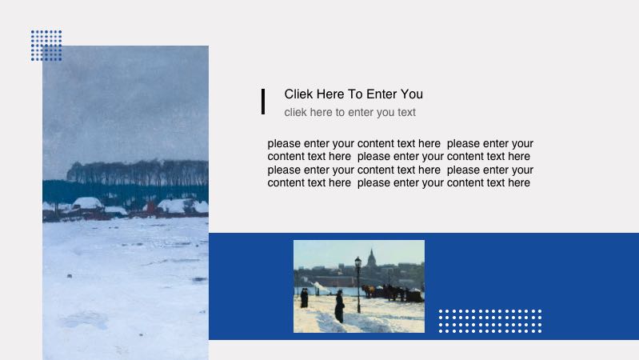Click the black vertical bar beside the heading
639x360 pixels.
coord(263,102)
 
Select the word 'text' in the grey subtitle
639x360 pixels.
coord(406,113)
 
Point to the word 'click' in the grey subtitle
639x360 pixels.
coord(295,113)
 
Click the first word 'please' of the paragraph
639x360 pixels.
coord(284,144)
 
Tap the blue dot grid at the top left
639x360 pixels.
coord(46,46)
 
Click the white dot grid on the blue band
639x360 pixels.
coord(489,321)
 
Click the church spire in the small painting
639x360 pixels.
coord(371,258)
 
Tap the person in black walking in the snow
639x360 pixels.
coord(340,306)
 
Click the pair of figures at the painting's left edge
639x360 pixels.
coord(304,298)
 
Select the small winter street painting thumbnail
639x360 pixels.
coord(358,286)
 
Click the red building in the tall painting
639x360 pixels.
coord(150,208)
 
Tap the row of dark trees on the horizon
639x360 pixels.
coord(136,172)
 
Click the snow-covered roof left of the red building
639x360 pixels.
coord(87,203)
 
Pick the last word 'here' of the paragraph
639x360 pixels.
coord(519,183)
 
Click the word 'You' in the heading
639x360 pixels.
coord(412,94)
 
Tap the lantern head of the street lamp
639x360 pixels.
coord(357,262)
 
